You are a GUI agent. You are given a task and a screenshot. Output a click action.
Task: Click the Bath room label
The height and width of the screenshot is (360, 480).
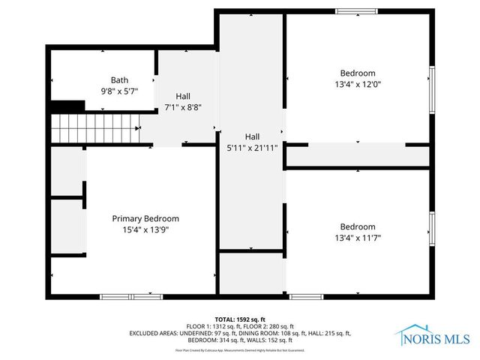point(119,80)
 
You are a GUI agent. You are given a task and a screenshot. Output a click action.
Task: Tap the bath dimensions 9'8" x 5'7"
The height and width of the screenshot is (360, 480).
point(119,91)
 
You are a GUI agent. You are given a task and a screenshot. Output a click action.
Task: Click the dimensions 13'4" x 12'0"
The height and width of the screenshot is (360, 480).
point(357,84)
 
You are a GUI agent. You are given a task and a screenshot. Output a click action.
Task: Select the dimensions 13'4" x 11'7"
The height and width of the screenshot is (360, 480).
point(357,238)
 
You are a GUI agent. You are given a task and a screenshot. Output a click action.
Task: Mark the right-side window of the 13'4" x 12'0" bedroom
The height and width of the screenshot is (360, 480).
point(431,89)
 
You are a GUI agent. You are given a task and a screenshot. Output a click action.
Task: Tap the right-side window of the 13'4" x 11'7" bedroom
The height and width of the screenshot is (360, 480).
point(431,229)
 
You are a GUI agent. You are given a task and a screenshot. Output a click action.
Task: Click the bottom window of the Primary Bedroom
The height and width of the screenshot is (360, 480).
point(121,297)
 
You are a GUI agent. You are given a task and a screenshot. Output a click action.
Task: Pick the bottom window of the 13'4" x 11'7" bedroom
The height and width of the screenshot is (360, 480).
point(311,297)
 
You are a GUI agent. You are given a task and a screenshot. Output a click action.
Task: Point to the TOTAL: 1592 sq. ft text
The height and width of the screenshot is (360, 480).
point(240,319)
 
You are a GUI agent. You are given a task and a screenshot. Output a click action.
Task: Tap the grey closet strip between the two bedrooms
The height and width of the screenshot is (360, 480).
point(358,156)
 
